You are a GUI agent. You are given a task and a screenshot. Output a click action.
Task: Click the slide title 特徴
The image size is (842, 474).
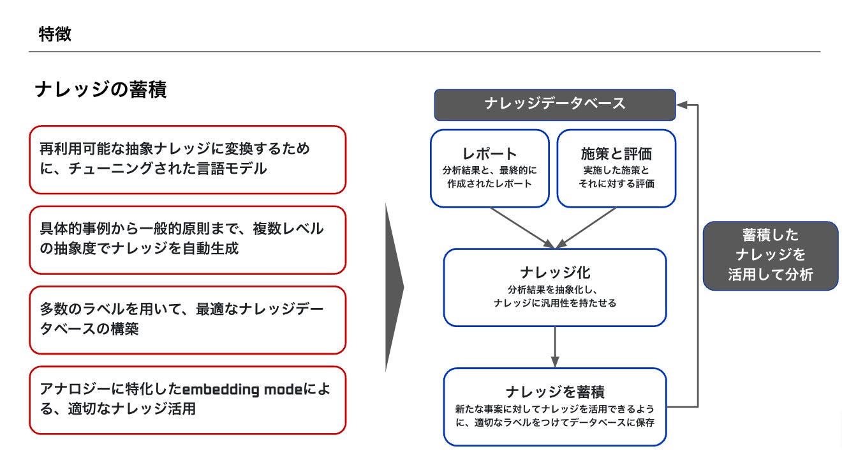(x=55, y=34)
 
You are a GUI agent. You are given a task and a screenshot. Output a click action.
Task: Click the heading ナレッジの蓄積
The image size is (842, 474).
(x=101, y=89)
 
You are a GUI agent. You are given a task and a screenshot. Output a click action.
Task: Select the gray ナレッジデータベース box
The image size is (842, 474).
(x=555, y=105)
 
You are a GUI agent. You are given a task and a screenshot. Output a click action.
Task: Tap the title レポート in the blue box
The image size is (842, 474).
(x=489, y=153)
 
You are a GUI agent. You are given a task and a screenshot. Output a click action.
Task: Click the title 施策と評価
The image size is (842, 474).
(x=616, y=153)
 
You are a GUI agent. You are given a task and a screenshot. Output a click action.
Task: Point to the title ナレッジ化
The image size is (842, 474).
(x=555, y=273)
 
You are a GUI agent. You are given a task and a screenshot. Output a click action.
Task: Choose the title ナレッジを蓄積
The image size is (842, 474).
(x=555, y=392)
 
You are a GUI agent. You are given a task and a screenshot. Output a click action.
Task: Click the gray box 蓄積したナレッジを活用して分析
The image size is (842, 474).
(x=771, y=256)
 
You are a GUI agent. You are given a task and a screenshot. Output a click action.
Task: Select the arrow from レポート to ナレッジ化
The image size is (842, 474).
(x=522, y=228)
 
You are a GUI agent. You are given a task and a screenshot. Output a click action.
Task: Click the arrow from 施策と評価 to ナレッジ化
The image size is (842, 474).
(x=586, y=228)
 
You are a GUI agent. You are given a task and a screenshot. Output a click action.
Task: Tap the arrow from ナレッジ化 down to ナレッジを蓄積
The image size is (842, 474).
(x=555, y=347)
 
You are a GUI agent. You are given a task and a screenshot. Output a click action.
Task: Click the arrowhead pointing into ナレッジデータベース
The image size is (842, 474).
(x=683, y=105)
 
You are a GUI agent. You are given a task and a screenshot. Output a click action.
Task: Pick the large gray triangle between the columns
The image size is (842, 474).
(x=394, y=287)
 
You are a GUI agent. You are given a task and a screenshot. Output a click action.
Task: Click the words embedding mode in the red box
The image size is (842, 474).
(x=242, y=389)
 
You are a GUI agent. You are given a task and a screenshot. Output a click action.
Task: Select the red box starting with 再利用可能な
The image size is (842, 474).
(x=188, y=160)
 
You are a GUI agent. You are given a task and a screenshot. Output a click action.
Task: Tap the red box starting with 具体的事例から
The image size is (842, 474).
(x=188, y=240)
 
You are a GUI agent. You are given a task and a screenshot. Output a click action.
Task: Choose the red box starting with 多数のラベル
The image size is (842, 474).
(x=188, y=320)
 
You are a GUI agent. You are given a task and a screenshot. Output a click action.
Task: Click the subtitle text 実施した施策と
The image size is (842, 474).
(x=616, y=170)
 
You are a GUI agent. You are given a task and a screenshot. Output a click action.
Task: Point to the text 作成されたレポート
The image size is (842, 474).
(x=489, y=184)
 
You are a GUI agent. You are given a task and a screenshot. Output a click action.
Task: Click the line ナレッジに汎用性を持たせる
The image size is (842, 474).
(x=555, y=303)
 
